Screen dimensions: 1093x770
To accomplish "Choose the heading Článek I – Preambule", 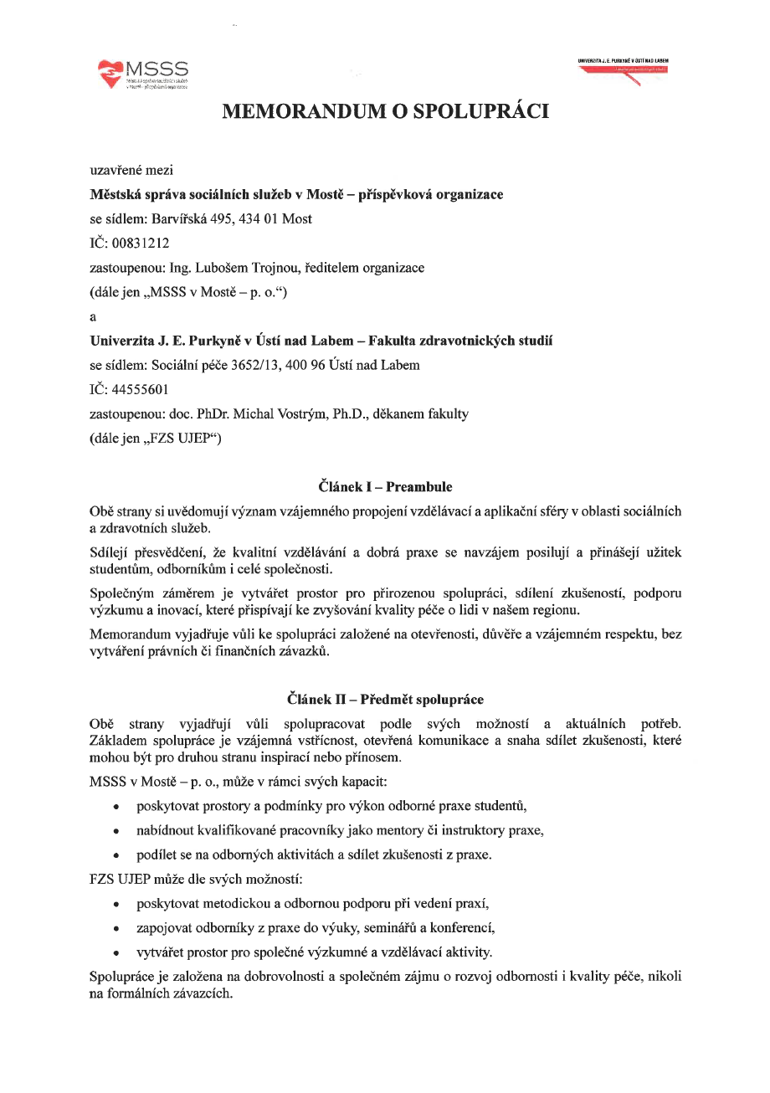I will tap(385, 486).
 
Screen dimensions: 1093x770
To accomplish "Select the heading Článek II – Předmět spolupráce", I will tap(385, 698).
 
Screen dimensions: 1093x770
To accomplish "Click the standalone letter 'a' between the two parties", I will tap(93, 316).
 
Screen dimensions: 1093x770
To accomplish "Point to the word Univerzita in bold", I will tap(122, 341).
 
